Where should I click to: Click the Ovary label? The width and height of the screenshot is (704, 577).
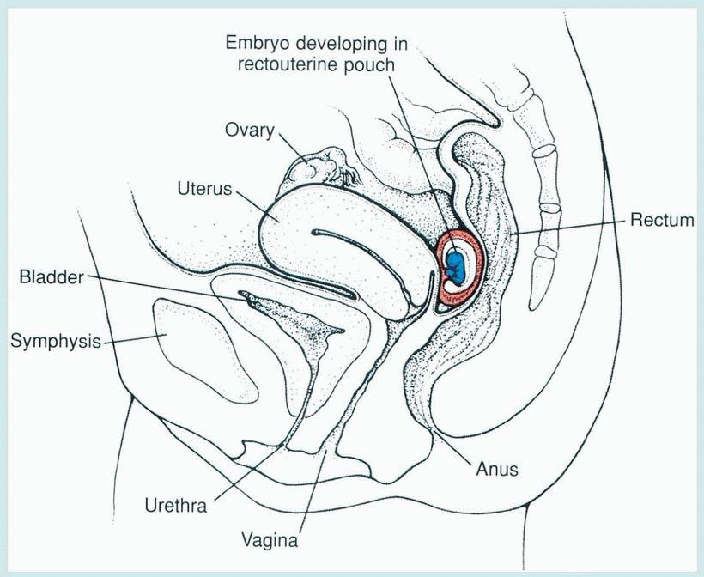coord(249,131)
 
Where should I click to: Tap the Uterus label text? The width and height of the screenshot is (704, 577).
coord(205,188)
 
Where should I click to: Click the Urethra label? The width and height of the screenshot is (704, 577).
coord(177,505)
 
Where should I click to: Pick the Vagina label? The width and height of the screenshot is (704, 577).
coord(270,541)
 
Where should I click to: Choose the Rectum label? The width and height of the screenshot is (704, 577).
coord(661,221)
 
